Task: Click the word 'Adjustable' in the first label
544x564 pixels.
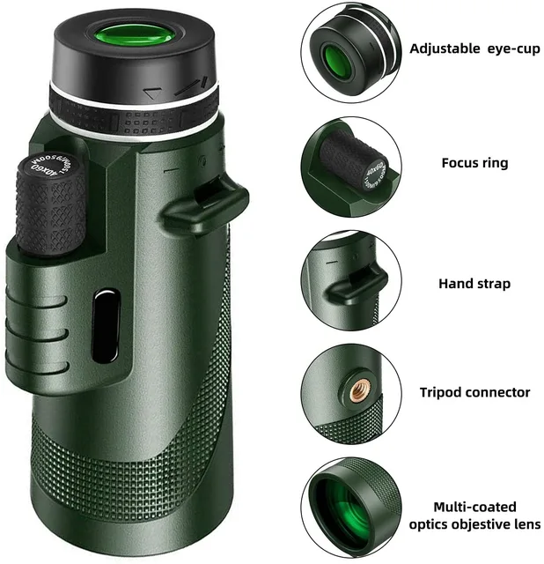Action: pyautogui.click(x=445, y=48)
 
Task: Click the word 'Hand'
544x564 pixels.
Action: pyautogui.click(x=456, y=284)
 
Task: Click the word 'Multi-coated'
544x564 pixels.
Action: pyautogui.click(x=474, y=507)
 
